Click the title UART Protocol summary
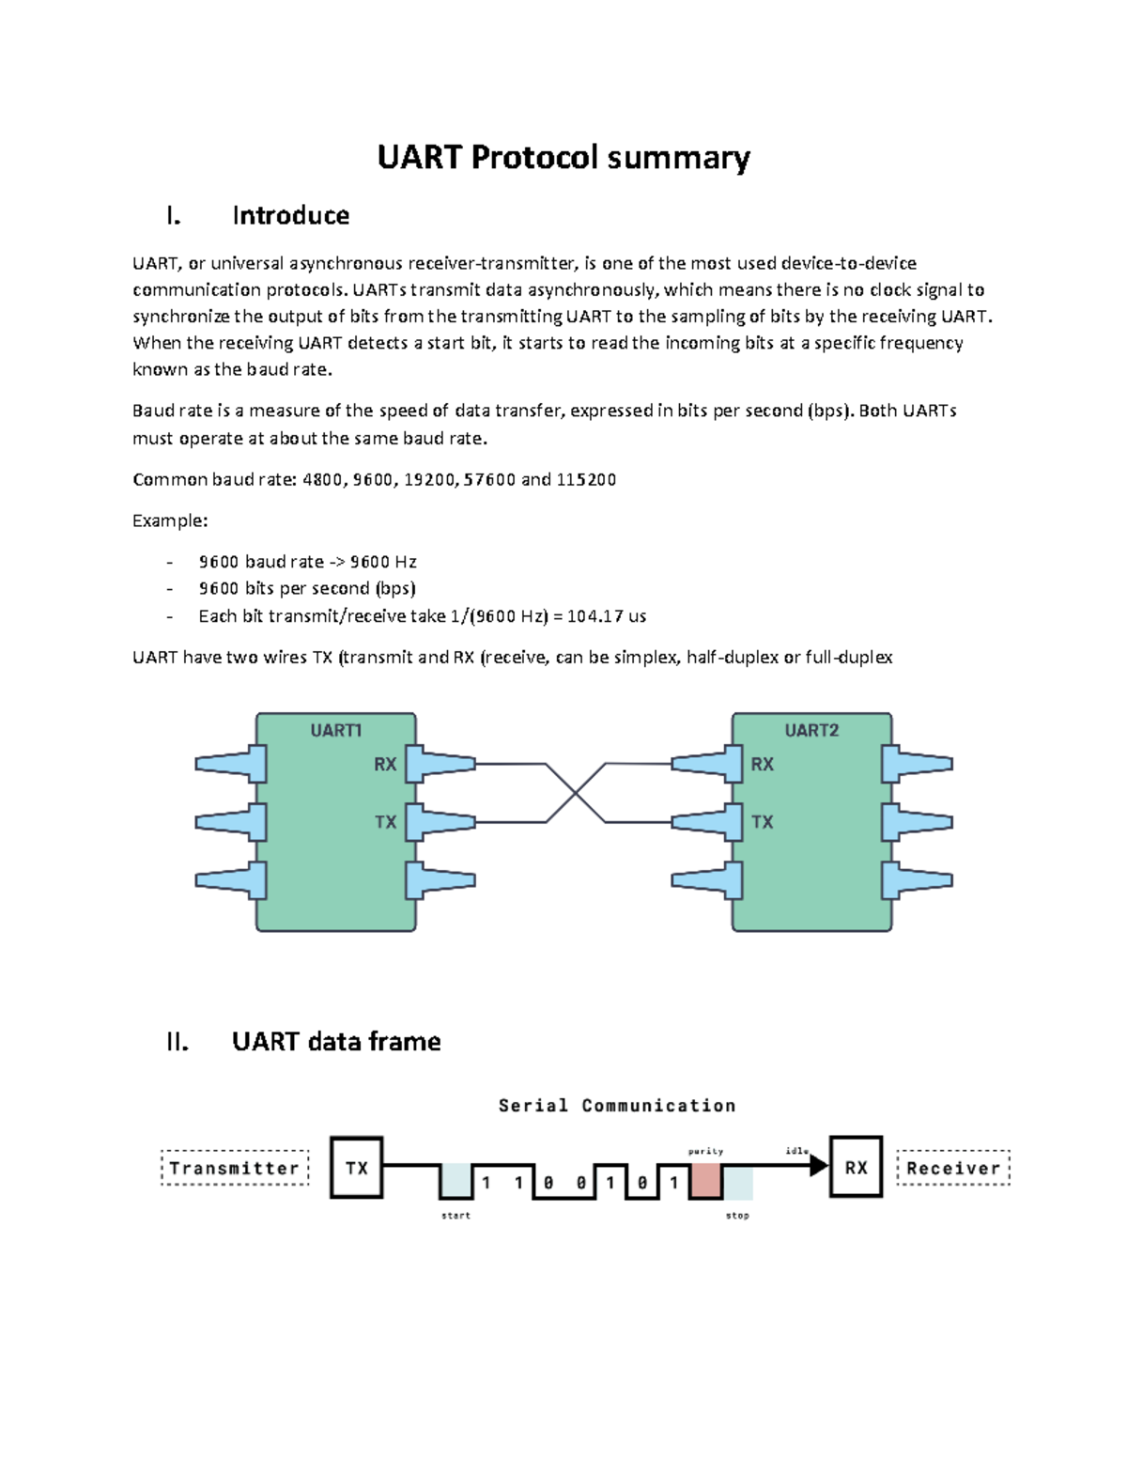tap(563, 157)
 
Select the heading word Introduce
tap(290, 216)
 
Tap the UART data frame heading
tap(335, 1042)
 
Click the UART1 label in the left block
tap(336, 730)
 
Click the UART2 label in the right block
tap(811, 730)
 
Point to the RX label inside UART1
tap(385, 765)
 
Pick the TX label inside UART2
tap(763, 822)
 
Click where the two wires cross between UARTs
tap(576, 794)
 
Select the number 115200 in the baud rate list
tap(586, 480)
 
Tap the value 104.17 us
tap(607, 617)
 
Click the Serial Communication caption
tap(617, 1106)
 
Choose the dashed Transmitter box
tap(235, 1168)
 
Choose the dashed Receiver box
tap(953, 1168)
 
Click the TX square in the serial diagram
tap(357, 1168)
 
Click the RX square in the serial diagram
tap(856, 1168)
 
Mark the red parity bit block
tap(705, 1181)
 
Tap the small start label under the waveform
tap(455, 1216)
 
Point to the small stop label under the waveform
tap(737, 1216)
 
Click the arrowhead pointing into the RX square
tap(819, 1166)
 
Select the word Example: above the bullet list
tap(170, 520)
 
